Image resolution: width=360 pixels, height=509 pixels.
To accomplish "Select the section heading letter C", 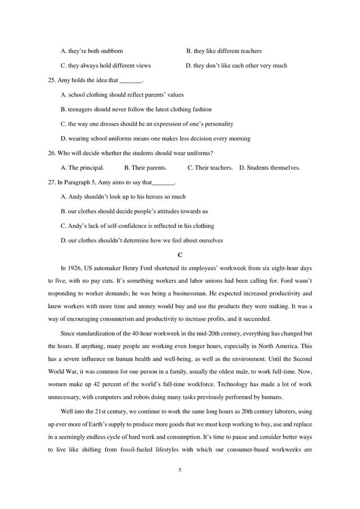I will (x=180, y=255).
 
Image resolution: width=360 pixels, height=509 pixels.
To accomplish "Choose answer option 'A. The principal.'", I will (x=82, y=168).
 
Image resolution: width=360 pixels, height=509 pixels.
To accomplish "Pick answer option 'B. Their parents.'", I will (x=145, y=168).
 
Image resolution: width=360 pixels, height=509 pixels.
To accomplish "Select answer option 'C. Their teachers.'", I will (x=210, y=168).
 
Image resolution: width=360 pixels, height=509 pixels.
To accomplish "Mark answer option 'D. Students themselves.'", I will (x=269, y=168).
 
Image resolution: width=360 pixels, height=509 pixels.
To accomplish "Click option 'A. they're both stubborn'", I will (x=92, y=51).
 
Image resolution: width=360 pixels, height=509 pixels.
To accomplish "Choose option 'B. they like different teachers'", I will (x=224, y=51).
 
